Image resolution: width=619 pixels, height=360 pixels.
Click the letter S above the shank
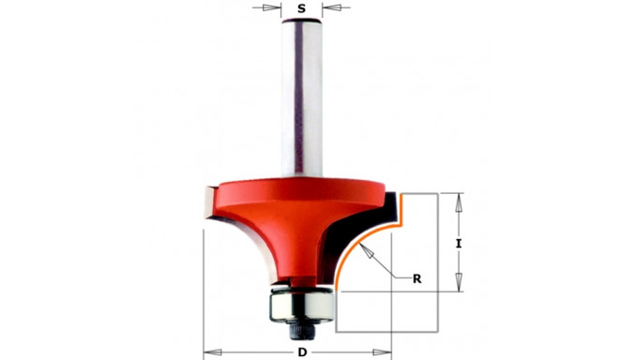point(302,7)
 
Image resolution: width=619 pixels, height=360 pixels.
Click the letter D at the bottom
point(302,352)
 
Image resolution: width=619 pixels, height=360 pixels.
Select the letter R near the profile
point(416,279)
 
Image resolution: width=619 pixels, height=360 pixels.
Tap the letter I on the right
point(459,244)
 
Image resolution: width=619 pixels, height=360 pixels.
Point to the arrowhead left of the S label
point(270,7)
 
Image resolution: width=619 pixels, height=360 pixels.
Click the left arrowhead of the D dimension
point(212,352)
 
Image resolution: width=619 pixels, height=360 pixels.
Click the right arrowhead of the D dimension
point(382,352)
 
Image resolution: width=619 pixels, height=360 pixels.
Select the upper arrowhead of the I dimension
point(459,202)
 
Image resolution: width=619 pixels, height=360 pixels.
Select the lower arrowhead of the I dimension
point(459,282)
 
